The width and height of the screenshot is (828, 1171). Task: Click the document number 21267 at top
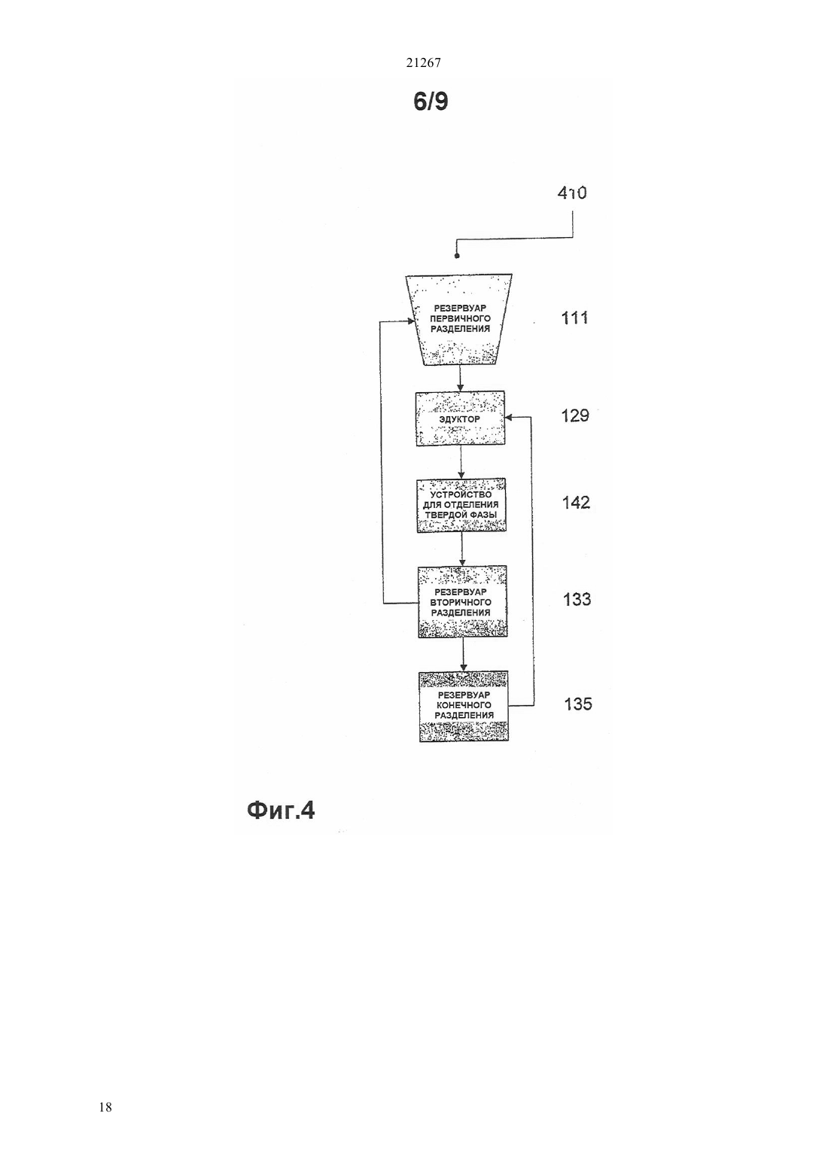click(x=423, y=62)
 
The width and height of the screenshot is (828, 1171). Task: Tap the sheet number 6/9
click(x=431, y=102)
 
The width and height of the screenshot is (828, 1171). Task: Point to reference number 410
click(x=572, y=193)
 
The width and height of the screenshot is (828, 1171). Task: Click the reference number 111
click(x=574, y=318)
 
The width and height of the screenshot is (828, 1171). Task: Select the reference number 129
click(x=575, y=415)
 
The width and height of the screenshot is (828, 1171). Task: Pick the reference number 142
click(x=576, y=503)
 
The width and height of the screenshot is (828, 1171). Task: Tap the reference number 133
click(x=577, y=599)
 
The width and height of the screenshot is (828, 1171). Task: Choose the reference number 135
click(x=578, y=704)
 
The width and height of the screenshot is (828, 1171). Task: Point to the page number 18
click(x=105, y=1107)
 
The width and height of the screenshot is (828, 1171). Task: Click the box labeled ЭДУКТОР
click(x=461, y=418)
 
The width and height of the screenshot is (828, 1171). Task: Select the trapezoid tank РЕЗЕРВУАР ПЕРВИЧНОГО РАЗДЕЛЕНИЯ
click(x=459, y=319)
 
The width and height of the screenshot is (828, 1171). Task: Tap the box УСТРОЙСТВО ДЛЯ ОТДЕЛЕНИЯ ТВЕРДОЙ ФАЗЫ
click(x=461, y=506)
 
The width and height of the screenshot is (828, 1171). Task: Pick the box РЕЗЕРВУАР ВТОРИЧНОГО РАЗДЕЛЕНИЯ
click(x=463, y=602)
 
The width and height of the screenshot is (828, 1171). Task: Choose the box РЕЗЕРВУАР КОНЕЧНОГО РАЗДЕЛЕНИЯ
click(x=464, y=706)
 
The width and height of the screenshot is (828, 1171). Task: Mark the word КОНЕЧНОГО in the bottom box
click(x=464, y=705)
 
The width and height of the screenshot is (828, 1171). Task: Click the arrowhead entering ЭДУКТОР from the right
click(x=509, y=417)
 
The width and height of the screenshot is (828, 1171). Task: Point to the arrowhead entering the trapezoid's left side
click(x=412, y=321)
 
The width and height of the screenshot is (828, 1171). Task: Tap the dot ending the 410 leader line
click(x=457, y=256)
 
